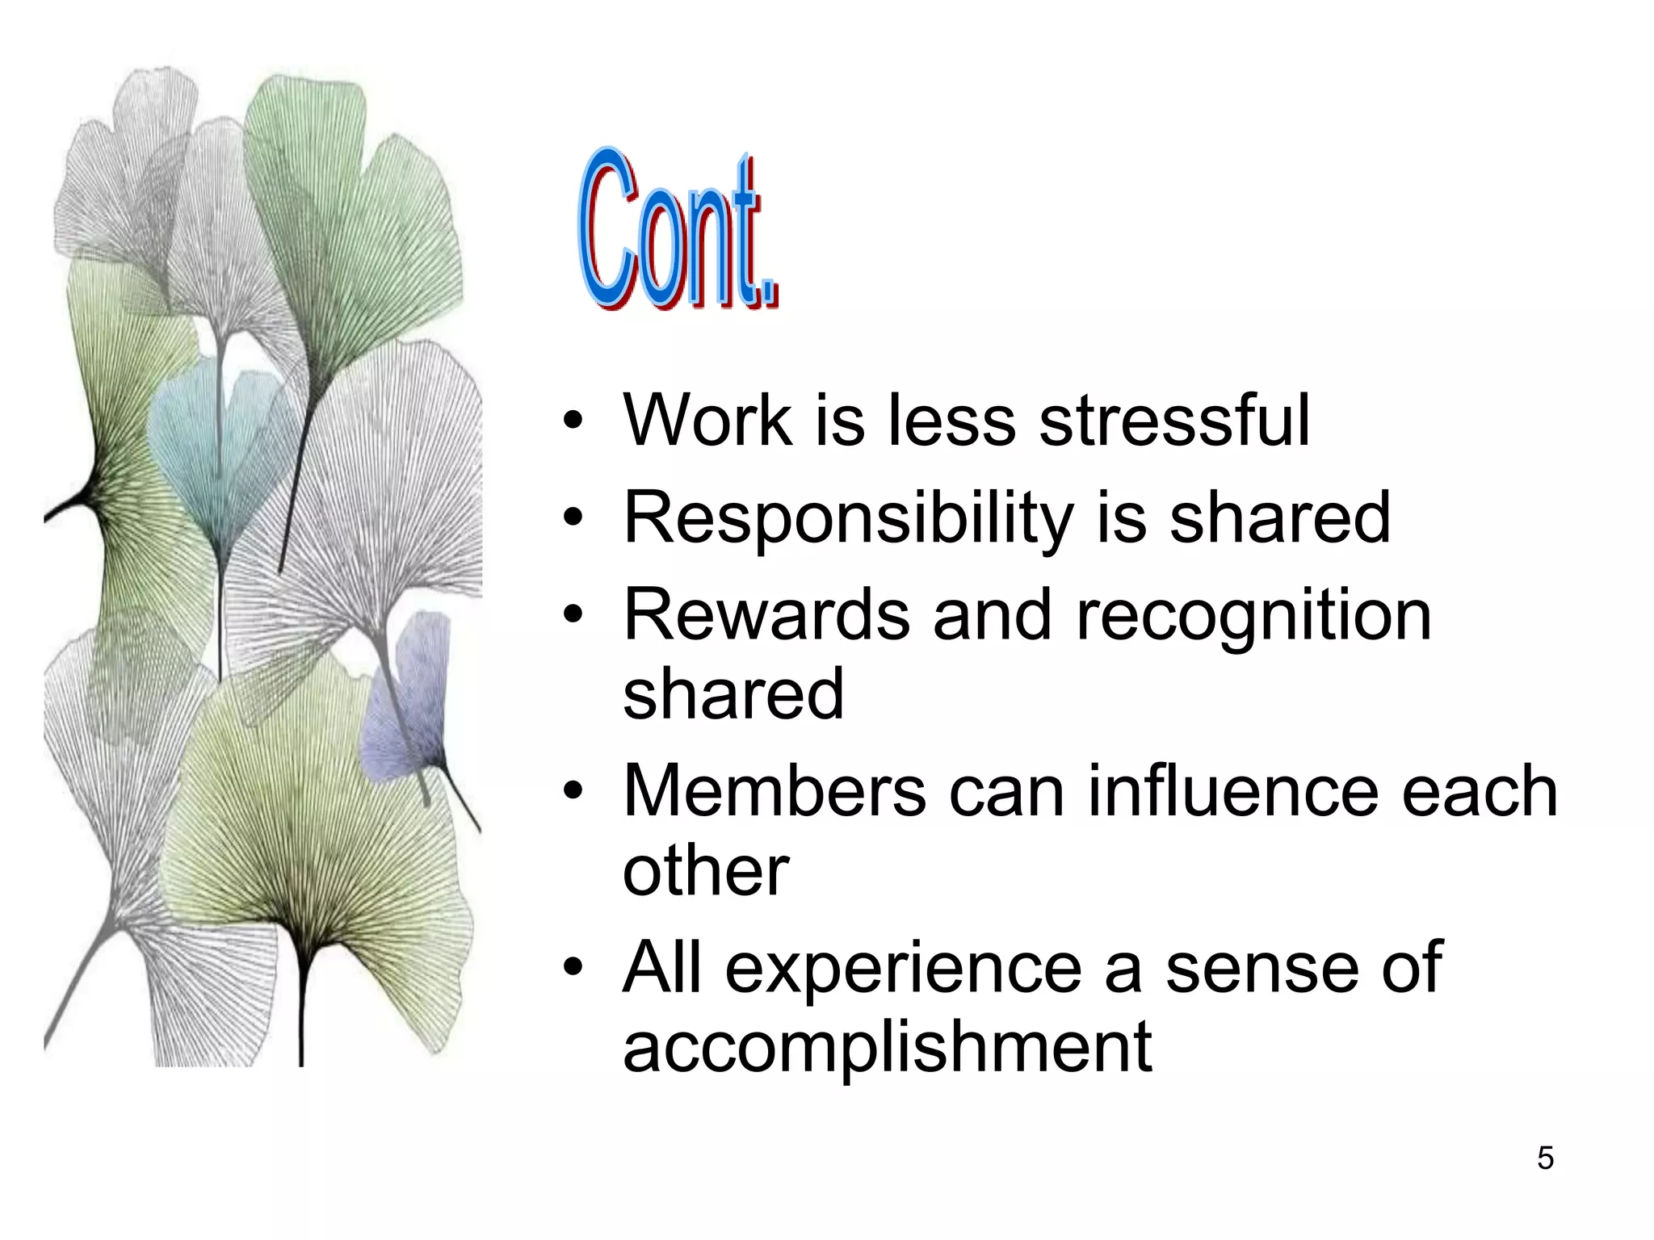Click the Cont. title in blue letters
pos(677,230)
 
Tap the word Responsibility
pos(848,519)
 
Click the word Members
pos(775,791)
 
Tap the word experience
pos(903,969)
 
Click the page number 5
pos(1545,1158)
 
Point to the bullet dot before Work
pos(573,421)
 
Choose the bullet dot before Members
pos(573,791)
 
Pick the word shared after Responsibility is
pos(1280,517)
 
